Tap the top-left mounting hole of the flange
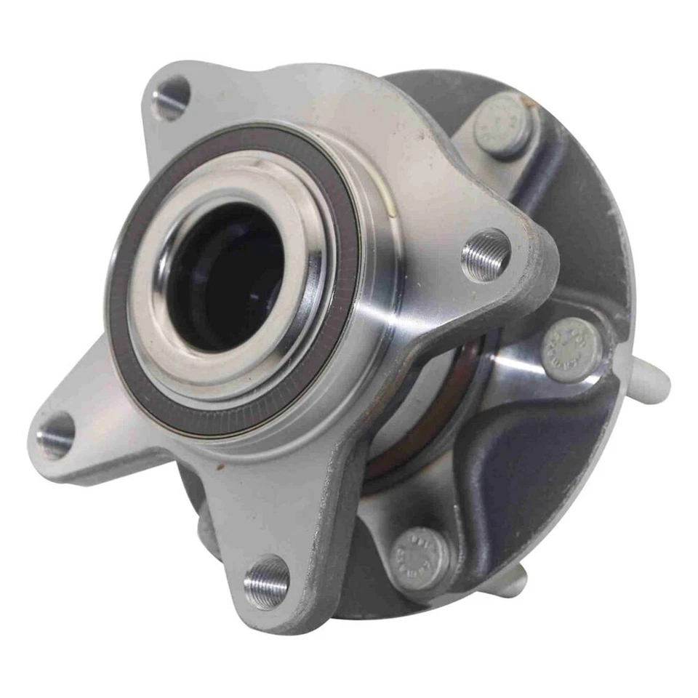click(172, 98)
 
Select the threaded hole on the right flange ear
click(486, 254)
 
